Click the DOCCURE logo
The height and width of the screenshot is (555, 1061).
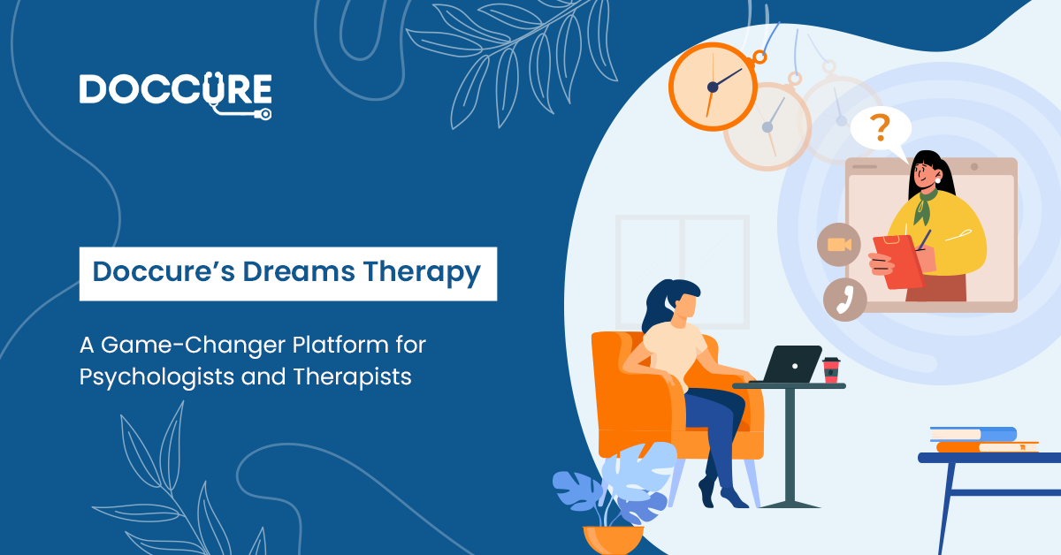[176, 95]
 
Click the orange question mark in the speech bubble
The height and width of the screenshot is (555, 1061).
[880, 128]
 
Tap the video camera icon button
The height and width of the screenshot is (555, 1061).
[839, 245]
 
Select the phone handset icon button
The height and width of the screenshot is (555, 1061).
[845, 300]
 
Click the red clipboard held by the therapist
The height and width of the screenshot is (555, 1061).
[898, 262]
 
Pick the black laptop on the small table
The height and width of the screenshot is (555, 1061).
[790, 364]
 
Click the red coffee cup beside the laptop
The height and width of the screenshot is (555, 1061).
[831, 369]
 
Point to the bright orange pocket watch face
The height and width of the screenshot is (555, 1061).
[713, 87]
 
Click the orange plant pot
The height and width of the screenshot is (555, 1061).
[613, 540]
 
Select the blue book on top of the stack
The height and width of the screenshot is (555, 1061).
[973, 434]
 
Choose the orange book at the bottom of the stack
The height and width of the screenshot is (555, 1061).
[988, 447]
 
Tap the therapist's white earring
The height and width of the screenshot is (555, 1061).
[938, 181]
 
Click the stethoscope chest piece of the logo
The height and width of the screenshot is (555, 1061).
[265, 114]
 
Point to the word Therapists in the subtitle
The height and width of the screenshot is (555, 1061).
[353, 377]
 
